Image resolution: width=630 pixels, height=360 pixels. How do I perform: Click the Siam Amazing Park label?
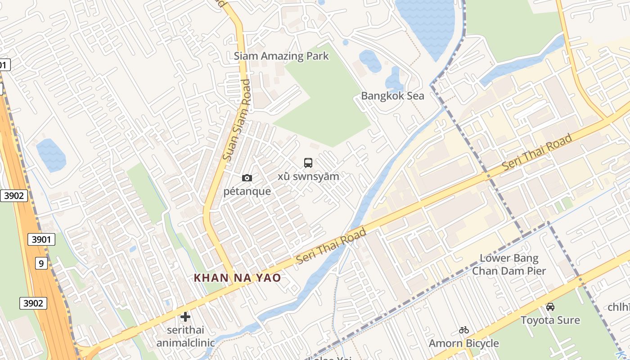coord(281,56)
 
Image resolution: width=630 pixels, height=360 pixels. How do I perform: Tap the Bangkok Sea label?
coord(392,96)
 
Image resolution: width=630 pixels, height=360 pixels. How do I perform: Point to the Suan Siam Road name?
coord(237,120)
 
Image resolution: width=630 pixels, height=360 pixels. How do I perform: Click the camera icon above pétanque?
coord(247,178)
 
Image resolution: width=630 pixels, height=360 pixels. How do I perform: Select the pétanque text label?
coord(247,191)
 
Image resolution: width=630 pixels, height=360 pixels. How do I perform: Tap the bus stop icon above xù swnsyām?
coord(308,163)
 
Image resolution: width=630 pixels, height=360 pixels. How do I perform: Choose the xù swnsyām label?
coord(308,176)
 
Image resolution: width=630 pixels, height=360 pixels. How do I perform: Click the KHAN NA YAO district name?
coord(237,278)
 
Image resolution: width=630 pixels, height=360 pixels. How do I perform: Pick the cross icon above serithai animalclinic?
coord(185,317)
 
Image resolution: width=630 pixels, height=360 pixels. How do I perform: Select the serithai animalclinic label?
coord(185,337)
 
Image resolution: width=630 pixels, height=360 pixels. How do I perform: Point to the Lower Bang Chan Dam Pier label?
coord(509,265)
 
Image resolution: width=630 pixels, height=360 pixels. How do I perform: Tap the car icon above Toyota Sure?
coord(550,307)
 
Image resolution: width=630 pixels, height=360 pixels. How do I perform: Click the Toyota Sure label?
coord(550,320)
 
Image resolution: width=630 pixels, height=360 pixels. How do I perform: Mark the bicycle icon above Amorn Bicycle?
coord(464,330)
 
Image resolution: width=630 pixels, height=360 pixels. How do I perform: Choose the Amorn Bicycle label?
coord(464,344)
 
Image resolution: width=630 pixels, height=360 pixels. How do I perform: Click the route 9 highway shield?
coord(41,263)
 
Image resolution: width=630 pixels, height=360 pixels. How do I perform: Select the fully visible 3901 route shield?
coord(41,239)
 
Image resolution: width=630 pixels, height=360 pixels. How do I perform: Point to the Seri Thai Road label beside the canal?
coord(331,247)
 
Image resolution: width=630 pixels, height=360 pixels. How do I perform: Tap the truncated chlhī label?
coord(619,307)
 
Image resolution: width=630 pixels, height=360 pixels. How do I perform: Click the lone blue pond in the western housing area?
coord(51,155)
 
